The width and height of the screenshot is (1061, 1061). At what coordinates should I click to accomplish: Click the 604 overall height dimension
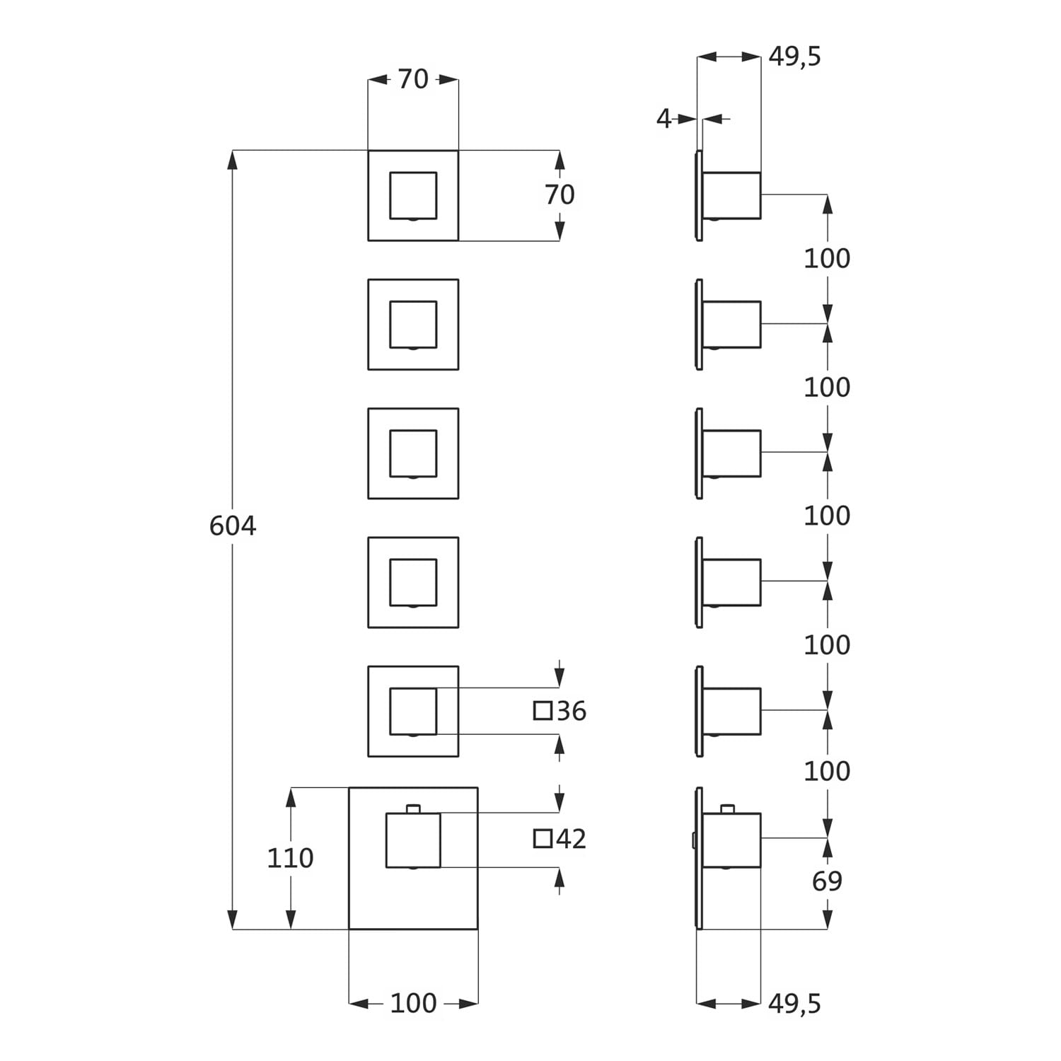[x=233, y=526]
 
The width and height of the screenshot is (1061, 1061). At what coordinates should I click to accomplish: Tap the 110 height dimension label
[x=290, y=858]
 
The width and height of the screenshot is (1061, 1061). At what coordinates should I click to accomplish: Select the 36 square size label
[x=572, y=711]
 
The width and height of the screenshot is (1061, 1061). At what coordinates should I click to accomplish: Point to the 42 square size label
[x=572, y=839]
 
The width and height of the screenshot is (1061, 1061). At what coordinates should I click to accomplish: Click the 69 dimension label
[x=827, y=881]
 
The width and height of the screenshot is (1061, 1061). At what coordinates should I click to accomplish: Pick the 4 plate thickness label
[x=663, y=119]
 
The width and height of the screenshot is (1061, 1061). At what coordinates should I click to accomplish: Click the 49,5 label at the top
[x=795, y=57]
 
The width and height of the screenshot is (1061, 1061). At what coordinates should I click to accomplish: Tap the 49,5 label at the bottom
[x=795, y=1003]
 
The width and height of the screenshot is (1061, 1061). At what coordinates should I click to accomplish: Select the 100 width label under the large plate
[x=413, y=1003]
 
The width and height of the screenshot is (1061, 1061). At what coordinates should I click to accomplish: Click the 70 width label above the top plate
[x=413, y=79]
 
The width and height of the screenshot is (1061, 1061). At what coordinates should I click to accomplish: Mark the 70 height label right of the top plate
[x=560, y=195]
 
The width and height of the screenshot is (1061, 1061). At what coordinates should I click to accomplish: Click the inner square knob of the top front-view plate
[x=413, y=195]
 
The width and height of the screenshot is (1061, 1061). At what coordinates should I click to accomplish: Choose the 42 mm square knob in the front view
[x=413, y=840]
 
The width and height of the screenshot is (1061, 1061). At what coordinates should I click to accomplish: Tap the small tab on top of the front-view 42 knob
[x=413, y=808]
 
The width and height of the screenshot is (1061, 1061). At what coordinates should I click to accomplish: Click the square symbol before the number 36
[x=543, y=711]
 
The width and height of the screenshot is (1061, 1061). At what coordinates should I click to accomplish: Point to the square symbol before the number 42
[x=543, y=839]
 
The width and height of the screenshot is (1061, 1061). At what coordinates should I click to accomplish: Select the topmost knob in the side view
[x=731, y=195]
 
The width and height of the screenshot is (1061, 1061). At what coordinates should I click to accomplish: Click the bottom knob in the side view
[x=731, y=840]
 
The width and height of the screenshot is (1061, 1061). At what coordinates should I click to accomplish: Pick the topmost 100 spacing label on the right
[x=827, y=259]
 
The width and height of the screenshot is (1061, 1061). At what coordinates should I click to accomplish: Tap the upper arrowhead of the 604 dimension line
[x=232, y=160]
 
